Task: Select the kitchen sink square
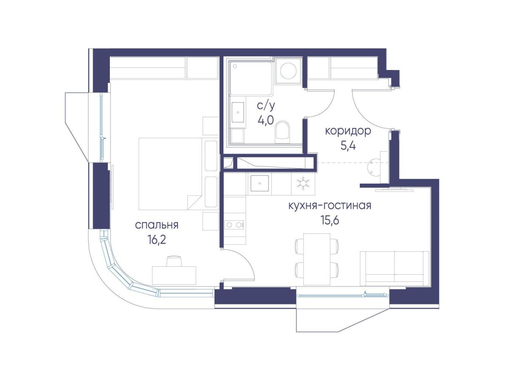tap(260, 183)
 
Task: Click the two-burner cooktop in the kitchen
tap(234, 225)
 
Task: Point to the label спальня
tap(157, 225)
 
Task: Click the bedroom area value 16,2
tap(157, 241)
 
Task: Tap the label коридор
tap(348, 131)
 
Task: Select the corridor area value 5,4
tap(348, 146)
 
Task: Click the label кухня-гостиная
tap(330, 205)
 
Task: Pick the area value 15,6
tap(330, 221)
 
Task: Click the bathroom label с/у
tap(266, 105)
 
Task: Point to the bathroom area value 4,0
tap(266, 120)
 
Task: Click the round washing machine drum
tap(288, 71)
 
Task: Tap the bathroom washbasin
tap(238, 112)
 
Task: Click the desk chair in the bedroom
tap(175, 261)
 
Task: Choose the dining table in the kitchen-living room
tap(316, 259)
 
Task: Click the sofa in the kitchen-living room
tap(394, 269)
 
